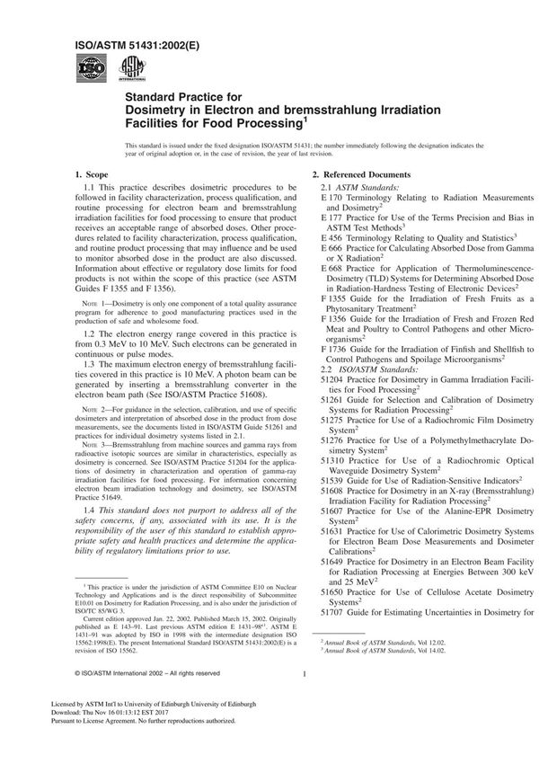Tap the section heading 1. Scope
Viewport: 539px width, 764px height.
pyautogui.click(x=91, y=173)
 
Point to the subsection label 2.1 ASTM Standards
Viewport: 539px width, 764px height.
pyautogui.click(x=359, y=185)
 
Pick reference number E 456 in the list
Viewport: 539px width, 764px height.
pyautogui.click(x=332, y=238)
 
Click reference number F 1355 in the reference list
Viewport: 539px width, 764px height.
pyautogui.click(x=334, y=298)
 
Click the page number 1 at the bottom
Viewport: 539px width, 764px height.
pyautogui.click(x=305, y=697)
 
